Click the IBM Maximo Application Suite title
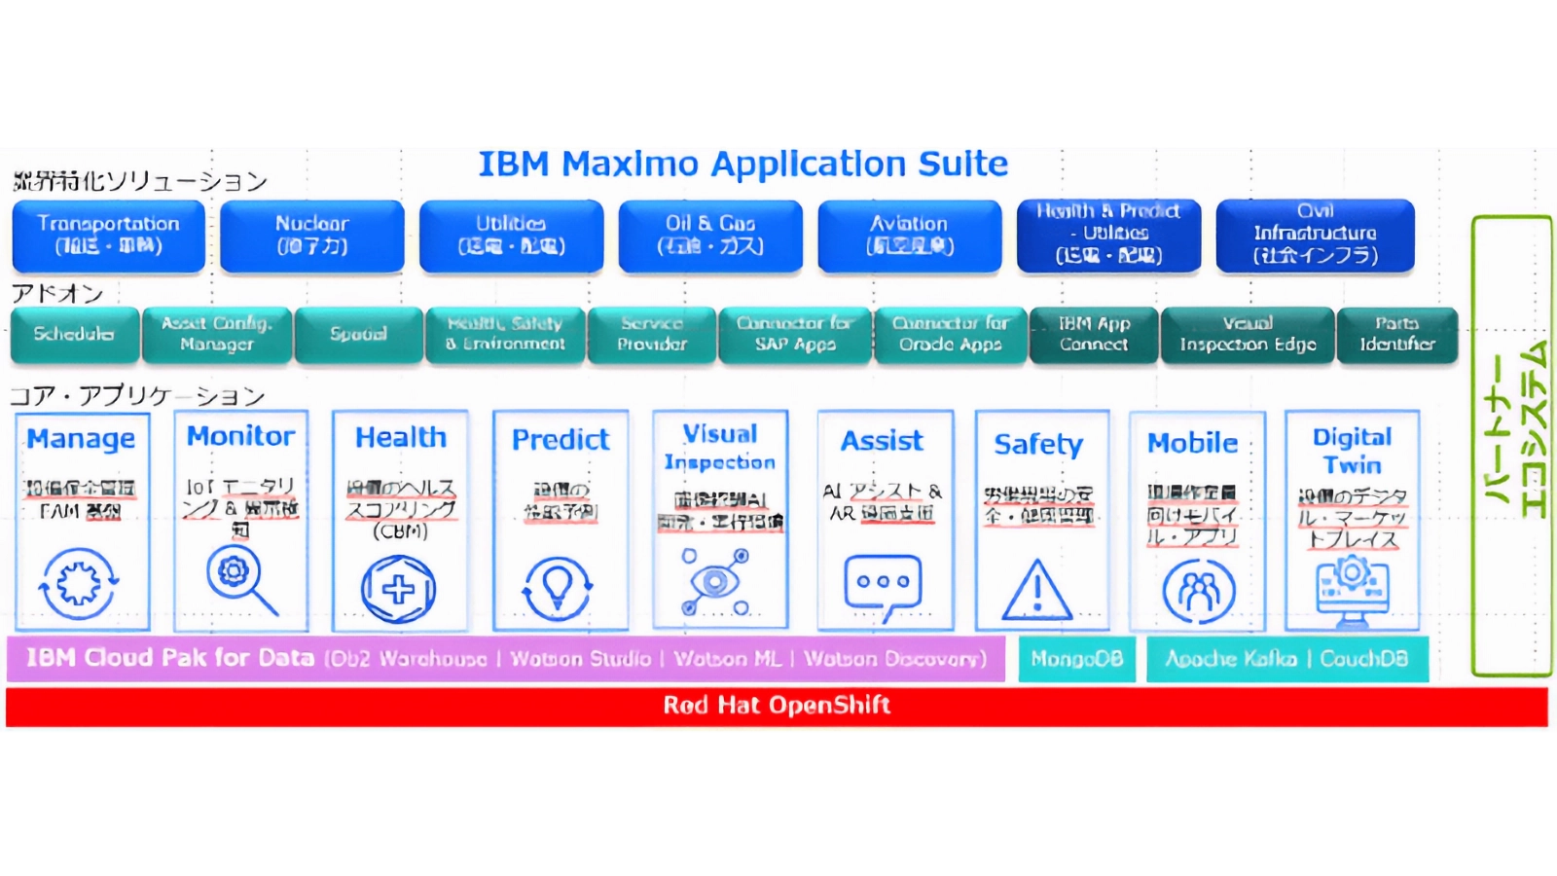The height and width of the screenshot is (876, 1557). click(742, 164)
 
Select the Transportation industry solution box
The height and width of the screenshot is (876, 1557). click(108, 236)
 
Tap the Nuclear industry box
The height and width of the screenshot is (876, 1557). click(311, 236)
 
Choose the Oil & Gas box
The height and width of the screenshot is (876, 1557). click(709, 236)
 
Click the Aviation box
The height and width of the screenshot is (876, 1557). click(909, 236)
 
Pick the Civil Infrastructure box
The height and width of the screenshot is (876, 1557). click(1315, 235)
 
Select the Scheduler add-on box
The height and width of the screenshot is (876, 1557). click(73, 334)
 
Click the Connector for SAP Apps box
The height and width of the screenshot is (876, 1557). click(794, 334)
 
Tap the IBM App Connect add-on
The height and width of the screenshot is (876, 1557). click(1094, 334)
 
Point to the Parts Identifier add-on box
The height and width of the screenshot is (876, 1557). click(1397, 334)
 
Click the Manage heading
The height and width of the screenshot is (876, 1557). click(81, 439)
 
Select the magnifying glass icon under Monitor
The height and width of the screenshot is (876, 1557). click(240, 579)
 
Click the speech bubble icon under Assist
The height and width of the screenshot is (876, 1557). click(883, 586)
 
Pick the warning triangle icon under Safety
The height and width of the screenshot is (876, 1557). click(1037, 591)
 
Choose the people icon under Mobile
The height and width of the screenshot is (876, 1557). click(1198, 591)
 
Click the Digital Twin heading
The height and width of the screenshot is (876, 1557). click(1352, 450)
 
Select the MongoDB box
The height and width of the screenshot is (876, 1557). click(1076, 659)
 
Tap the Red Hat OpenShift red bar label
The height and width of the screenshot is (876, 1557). click(777, 706)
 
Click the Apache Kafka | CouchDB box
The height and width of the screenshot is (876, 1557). click(1286, 659)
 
